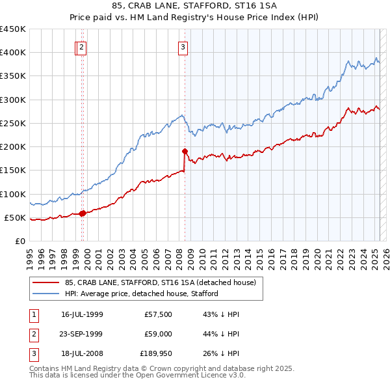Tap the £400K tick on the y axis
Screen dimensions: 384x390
(x=13, y=53)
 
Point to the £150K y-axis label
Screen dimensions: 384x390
(x=13, y=171)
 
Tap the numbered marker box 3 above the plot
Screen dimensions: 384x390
(x=183, y=47)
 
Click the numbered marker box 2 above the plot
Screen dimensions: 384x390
(x=81, y=47)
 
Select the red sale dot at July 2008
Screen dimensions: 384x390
(x=185, y=151)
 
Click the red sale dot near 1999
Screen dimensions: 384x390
(x=83, y=213)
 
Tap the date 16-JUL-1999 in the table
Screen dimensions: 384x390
(x=82, y=314)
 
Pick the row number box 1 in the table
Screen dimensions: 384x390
(x=33, y=314)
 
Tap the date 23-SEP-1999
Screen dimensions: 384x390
(x=82, y=334)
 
